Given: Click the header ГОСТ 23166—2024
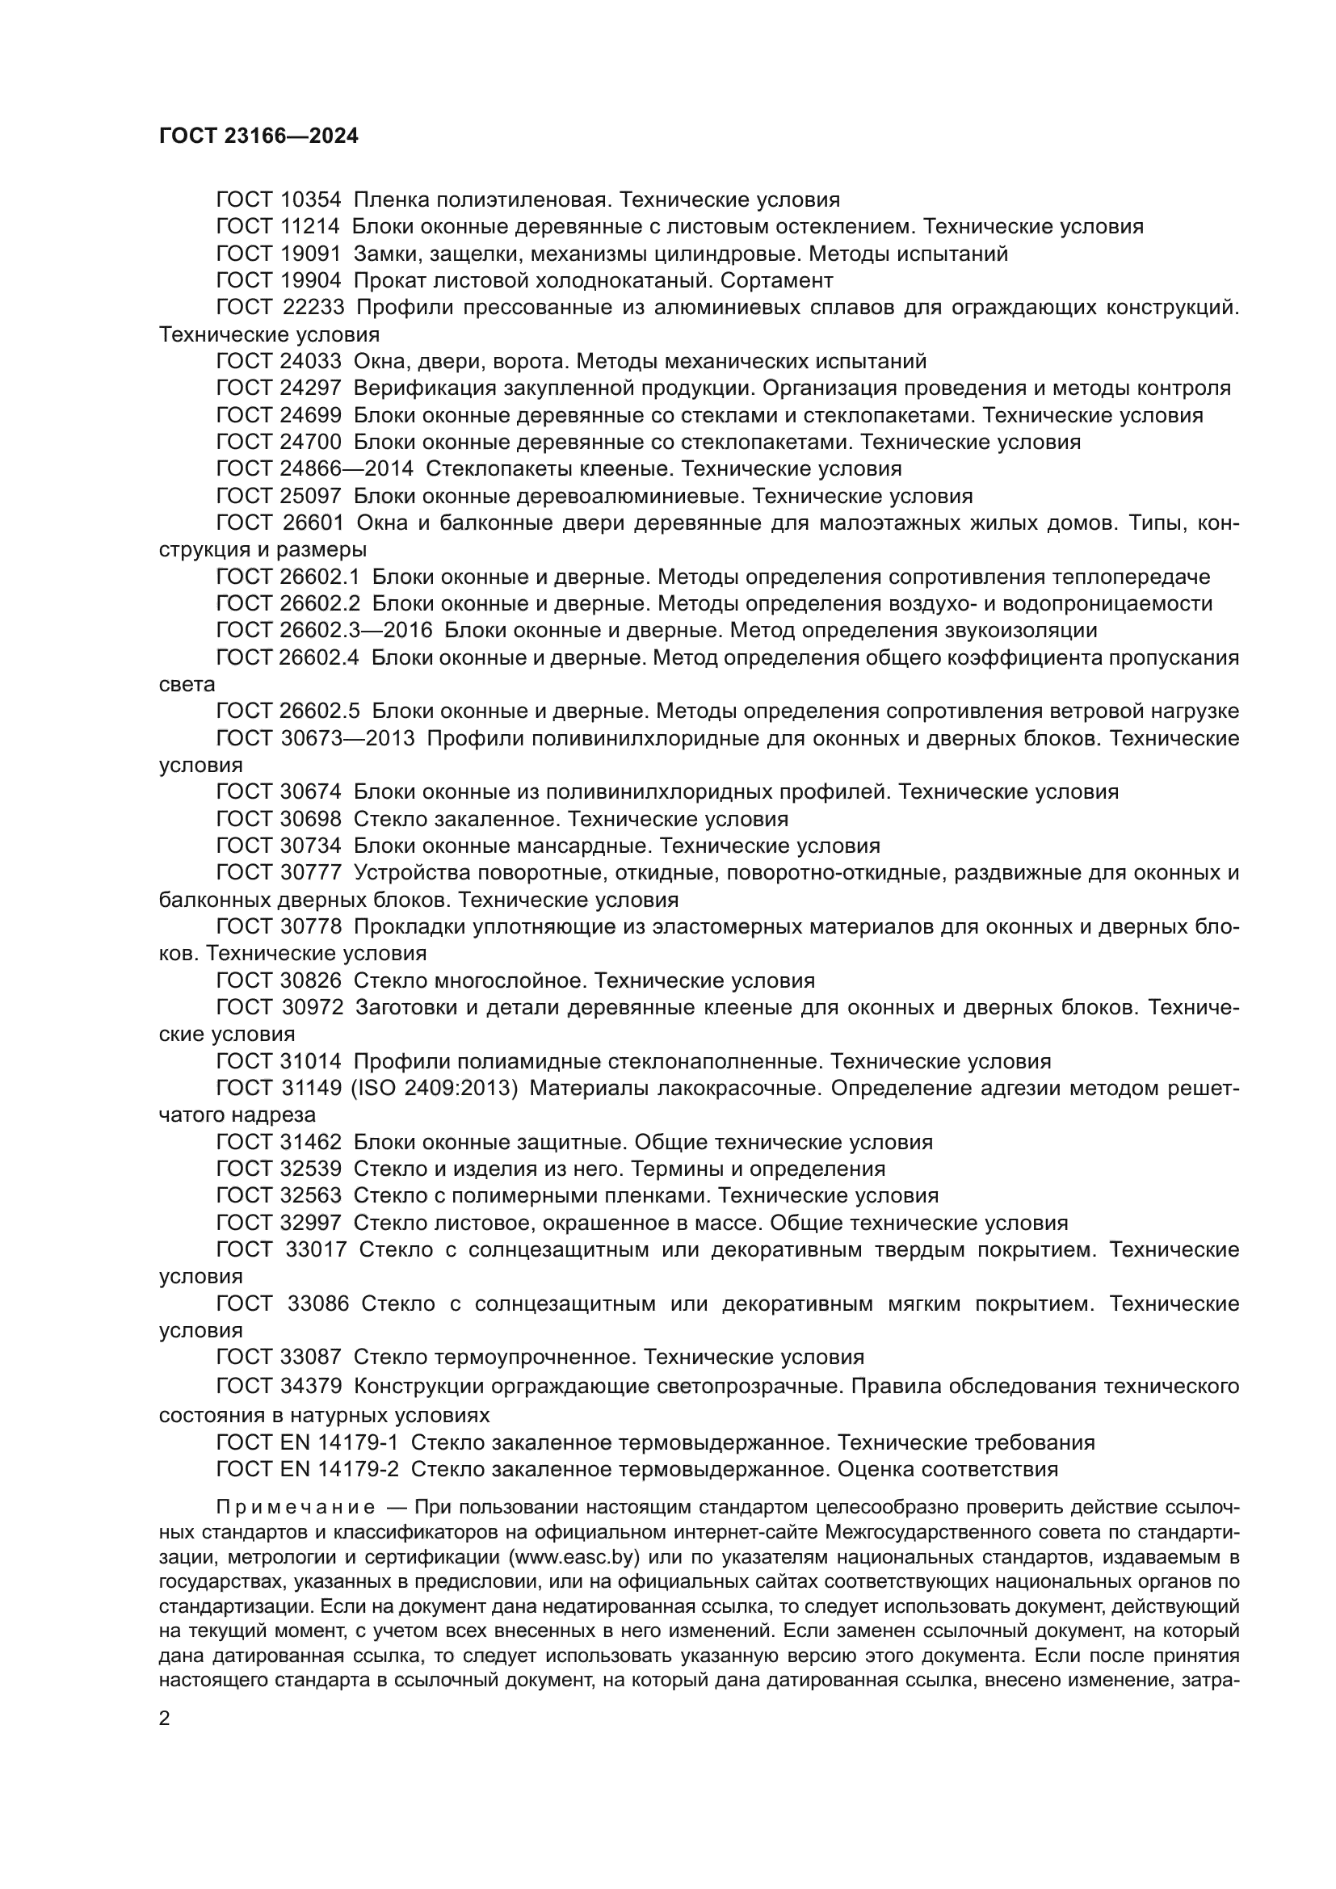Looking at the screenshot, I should [258, 136].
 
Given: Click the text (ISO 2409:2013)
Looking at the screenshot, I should [435, 1089].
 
